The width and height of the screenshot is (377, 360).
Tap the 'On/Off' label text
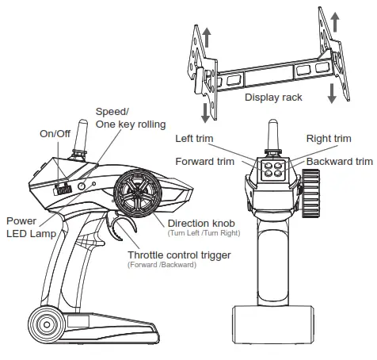[55, 133]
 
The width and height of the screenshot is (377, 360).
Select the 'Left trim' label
[195, 139]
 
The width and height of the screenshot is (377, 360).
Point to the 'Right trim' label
[329, 139]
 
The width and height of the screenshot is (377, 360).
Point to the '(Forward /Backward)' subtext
[163, 265]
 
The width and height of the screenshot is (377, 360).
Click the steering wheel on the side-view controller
[137, 194]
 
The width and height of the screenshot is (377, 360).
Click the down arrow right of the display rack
[332, 89]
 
